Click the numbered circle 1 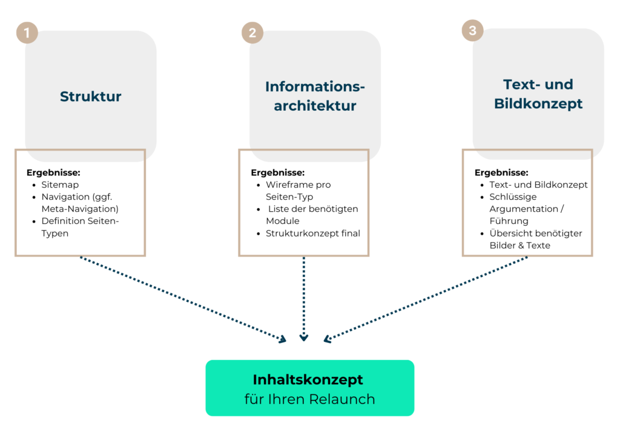point(27,33)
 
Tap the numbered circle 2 point(252,33)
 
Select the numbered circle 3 point(473,30)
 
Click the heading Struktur point(91,97)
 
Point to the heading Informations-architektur point(315,96)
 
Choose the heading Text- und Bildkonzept point(538,94)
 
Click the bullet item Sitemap point(60,185)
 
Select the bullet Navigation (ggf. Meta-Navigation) point(80,203)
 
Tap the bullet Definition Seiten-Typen point(80,227)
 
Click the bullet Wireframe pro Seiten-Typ point(298,191)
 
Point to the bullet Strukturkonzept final point(312,233)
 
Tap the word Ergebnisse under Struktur point(53,172)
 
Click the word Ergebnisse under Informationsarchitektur point(277,172)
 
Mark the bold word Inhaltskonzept point(308,380)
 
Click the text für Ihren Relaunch point(309,399)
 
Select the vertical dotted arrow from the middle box point(303,296)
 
